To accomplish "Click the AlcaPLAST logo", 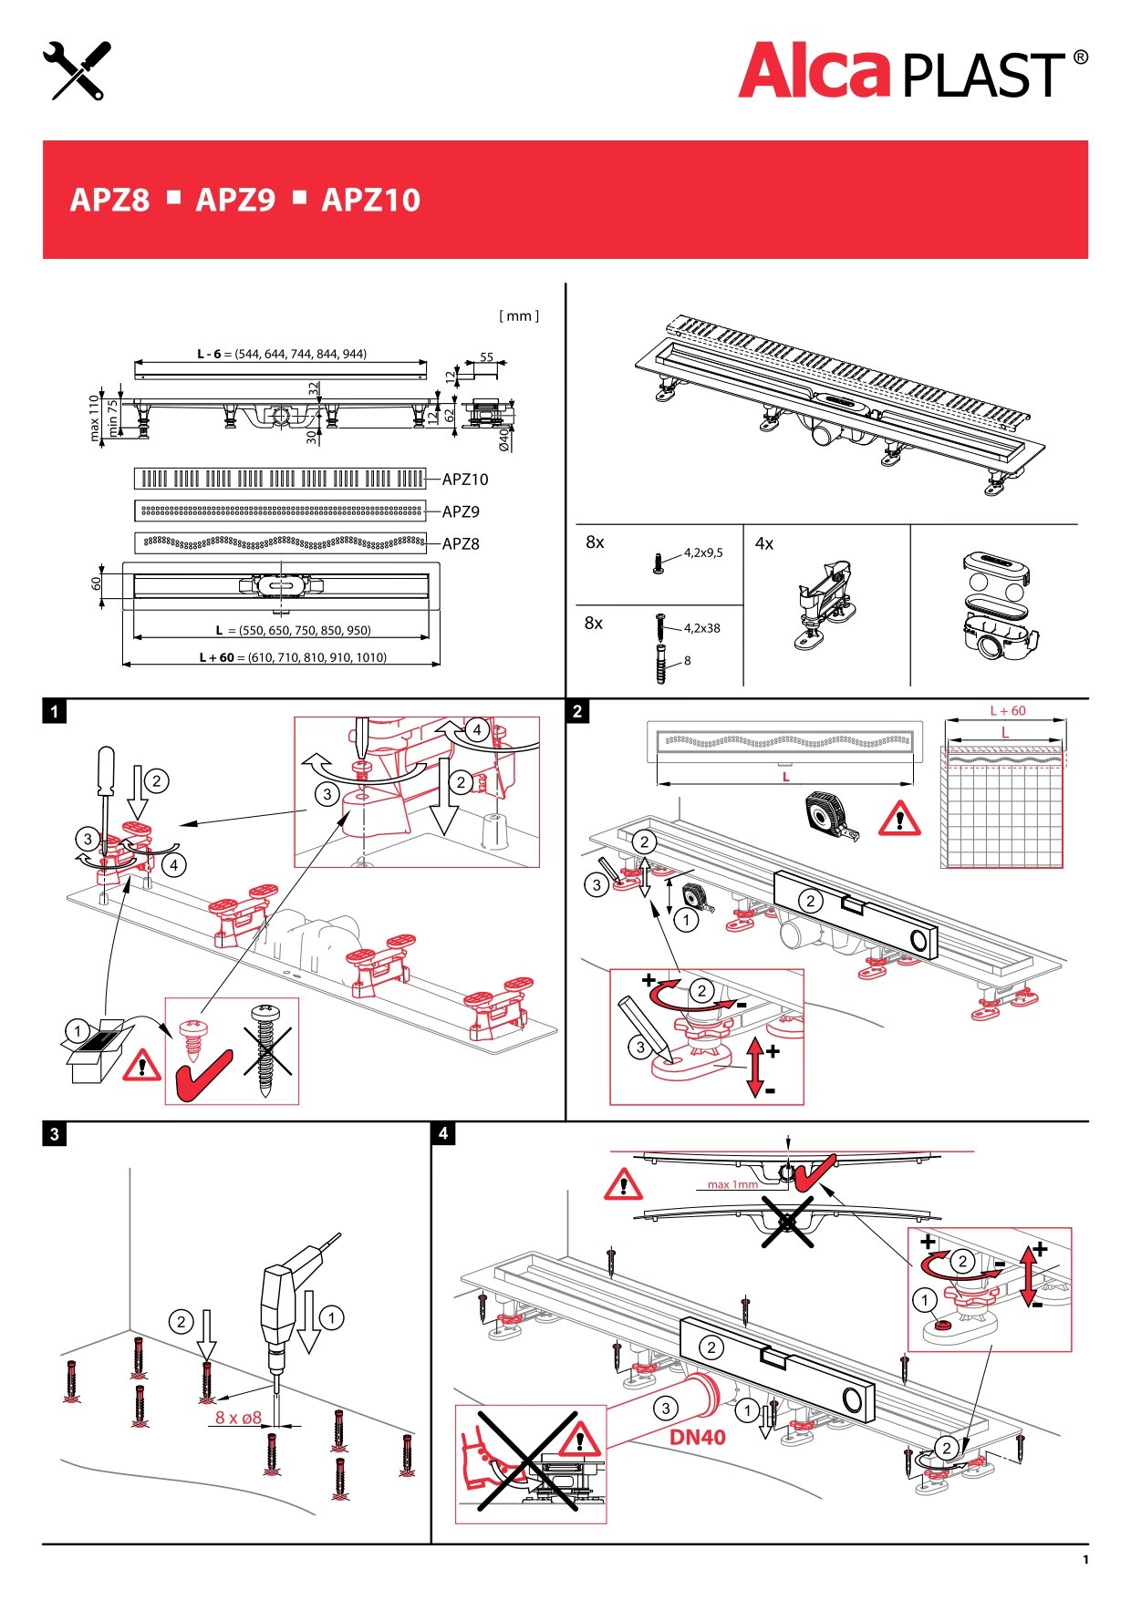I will pyautogui.click(x=912, y=71).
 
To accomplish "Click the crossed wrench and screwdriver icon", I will pyautogui.click(x=77, y=70).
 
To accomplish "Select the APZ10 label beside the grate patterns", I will pyautogui.click(x=465, y=480).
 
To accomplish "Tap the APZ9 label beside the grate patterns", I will pyautogui.click(x=461, y=511).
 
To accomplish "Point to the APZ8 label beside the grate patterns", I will pyautogui.click(x=461, y=544).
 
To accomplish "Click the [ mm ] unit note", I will pyautogui.click(x=518, y=316).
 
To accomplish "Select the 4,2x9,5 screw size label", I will pyautogui.click(x=703, y=552).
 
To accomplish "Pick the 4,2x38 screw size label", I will pyautogui.click(x=701, y=628).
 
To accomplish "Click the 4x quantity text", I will pyautogui.click(x=764, y=544).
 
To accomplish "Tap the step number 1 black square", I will pyautogui.click(x=55, y=711).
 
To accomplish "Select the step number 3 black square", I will pyautogui.click(x=55, y=1134).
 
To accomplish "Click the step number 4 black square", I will pyautogui.click(x=443, y=1133).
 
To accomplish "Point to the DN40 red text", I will pyautogui.click(x=698, y=1437).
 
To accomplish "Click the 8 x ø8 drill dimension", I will pyautogui.click(x=238, y=1418).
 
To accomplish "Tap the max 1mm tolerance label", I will pyautogui.click(x=732, y=1184).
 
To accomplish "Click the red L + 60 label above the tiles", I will pyautogui.click(x=1007, y=711).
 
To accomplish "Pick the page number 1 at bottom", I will pyautogui.click(x=1085, y=1560).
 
